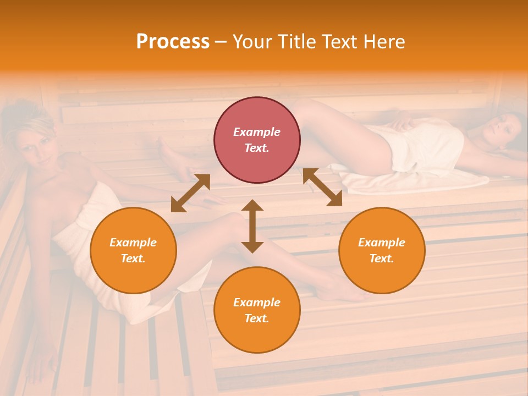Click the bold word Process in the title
(x=173, y=42)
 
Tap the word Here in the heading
(x=383, y=42)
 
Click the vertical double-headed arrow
(x=252, y=226)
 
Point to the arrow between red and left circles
(x=190, y=193)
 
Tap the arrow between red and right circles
(x=322, y=187)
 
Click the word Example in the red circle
(x=257, y=132)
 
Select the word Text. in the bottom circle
(x=257, y=318)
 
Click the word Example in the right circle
(x=382, y=243)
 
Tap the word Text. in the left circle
(x=133, y=258)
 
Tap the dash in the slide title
(x=221, y=42)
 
